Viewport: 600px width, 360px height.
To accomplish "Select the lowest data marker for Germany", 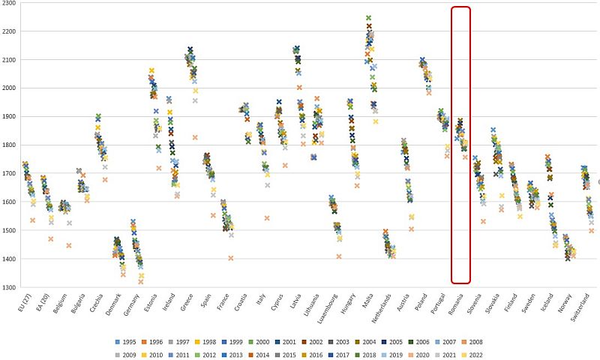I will (140, 282).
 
